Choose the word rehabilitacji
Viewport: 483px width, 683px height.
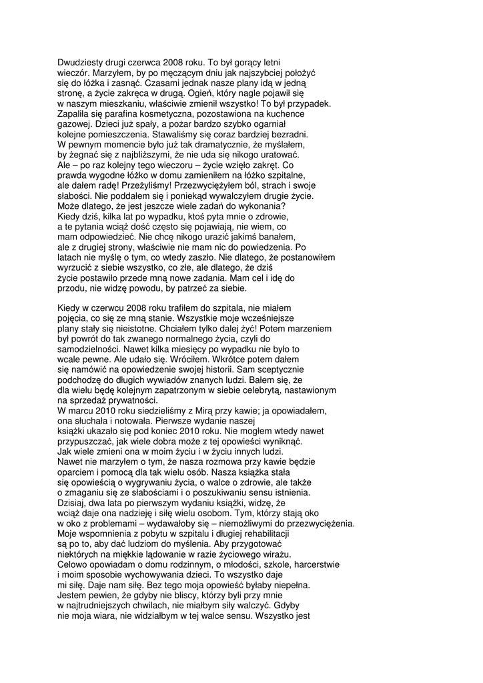click(x=259, y=534)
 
